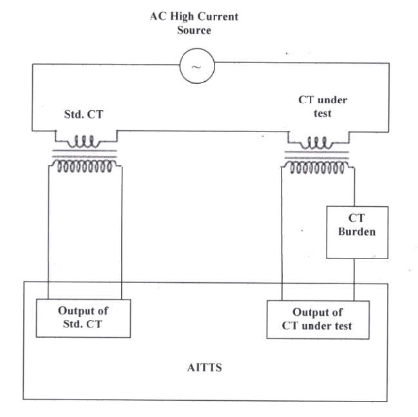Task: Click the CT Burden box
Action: (x=356, y=232)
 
